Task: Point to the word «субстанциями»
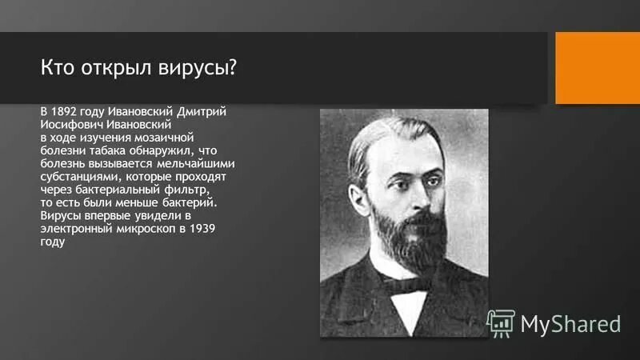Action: tap(80, 177)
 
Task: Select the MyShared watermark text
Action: tap(570, 324)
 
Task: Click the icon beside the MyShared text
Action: tap(501, 322)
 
